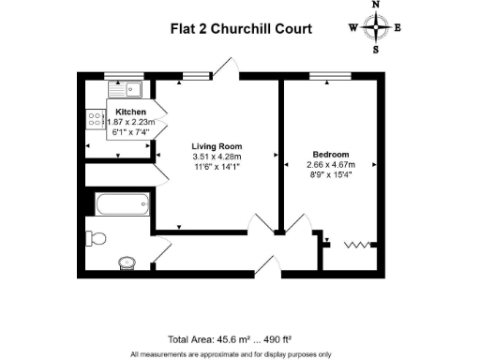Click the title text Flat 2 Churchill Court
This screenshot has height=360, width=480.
pyautogui.click(x=241, y=28)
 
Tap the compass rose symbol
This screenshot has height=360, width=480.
pyautogui.click(x=376, y=27)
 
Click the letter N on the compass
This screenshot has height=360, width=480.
pyautogui.click(x=376, y=6)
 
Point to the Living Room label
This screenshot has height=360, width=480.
pyautogui.click(x=217, y=146)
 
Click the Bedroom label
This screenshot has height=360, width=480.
pyautogui.click(x=331, y=154)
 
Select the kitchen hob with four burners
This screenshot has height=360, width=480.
pyautogui.click(x=96, y=119)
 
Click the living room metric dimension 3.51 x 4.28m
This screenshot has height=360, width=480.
pyautogui.click(x=217, y=157)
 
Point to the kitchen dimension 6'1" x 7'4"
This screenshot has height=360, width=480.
pyautogui.click(x=130, y=133)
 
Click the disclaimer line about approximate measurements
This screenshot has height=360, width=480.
pyautogui.click(x=231, y=353)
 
